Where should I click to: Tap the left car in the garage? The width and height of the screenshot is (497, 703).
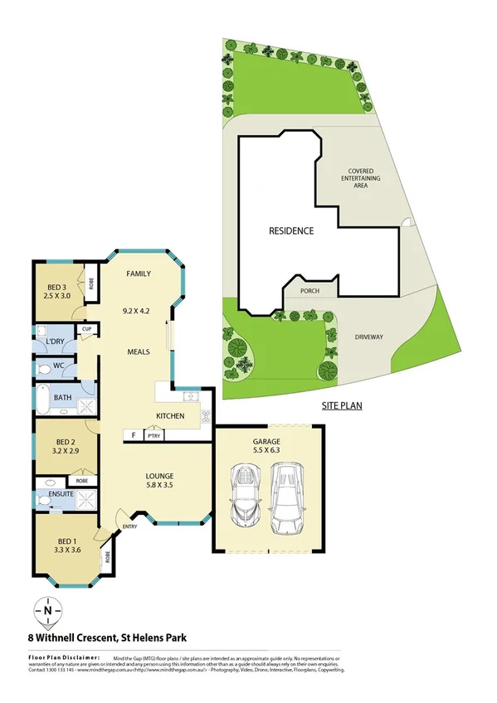246,496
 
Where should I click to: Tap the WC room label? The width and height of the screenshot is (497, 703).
60,365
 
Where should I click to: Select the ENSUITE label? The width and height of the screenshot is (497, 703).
62,495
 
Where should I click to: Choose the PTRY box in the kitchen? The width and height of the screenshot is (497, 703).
153,434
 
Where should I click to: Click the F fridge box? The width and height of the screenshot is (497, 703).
131,434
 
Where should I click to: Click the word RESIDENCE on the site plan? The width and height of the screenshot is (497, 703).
290,230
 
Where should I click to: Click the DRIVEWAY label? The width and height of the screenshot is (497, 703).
369,337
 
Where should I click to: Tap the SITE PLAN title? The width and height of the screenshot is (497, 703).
341,406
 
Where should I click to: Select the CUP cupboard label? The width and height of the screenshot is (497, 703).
85,329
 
